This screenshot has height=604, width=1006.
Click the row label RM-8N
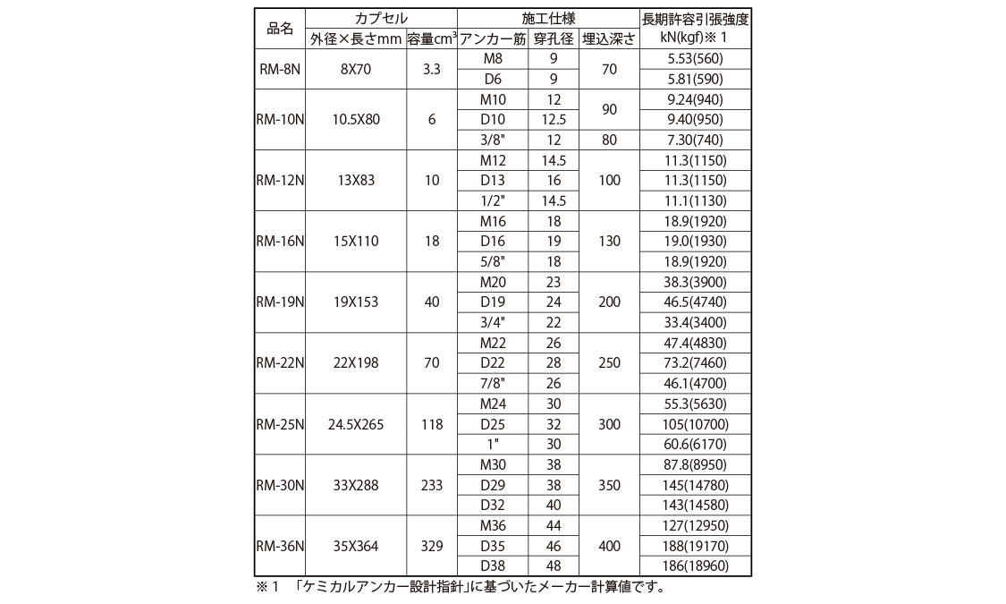[280, 68]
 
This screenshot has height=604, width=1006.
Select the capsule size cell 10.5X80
[356, 119]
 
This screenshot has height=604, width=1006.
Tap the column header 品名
[280, 29]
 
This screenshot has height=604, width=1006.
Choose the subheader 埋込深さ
[608, 38]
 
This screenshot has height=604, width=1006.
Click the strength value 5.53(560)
[695, 58]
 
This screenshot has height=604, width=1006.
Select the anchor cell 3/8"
[492, 140]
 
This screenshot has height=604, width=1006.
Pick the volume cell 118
[432, 424]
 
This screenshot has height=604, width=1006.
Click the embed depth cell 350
[608, 485]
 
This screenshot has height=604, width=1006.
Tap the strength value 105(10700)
[695, 424]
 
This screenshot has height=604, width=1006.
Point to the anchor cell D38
[492, 566]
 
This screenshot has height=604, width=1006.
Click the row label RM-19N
[280, 302]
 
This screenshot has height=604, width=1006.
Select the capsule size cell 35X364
[356, 546]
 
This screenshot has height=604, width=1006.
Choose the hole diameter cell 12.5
[554, 119]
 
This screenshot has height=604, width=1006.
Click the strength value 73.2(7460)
[695, 363]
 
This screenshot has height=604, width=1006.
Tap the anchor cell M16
[492, 220]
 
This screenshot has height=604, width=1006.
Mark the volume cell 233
[432, 485]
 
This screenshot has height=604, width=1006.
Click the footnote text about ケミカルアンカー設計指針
[474, 588]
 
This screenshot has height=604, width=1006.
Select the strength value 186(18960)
[695, 566]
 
